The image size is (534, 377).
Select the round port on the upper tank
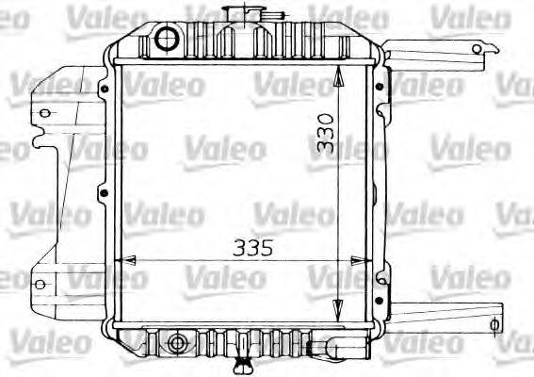click(167, 40)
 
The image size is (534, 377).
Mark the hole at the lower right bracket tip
click(494, 325)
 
